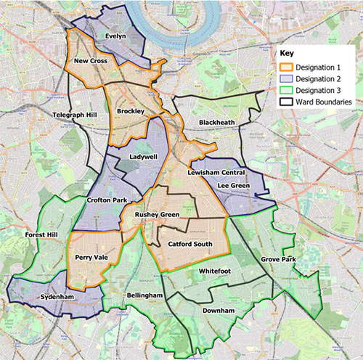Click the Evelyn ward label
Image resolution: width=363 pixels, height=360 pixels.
(115, 36)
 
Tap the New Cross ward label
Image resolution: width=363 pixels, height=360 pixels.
(91, 61)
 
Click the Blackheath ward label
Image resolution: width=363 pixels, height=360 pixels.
(217, 123)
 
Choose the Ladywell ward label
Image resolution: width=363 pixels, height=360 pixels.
(143, 156)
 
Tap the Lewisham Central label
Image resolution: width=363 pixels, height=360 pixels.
(216, 172)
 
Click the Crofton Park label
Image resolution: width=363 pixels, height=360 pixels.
(107, 199)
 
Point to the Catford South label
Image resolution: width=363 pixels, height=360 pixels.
(189, 244)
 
